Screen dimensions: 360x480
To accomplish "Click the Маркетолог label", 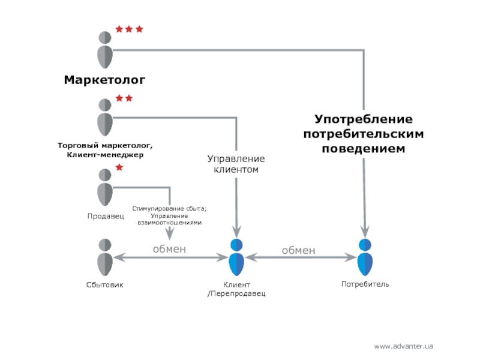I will (x=105, y=80).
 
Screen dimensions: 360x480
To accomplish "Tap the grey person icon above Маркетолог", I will (x=105, y=49).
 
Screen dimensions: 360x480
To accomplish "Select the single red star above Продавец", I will (x=119, y=167).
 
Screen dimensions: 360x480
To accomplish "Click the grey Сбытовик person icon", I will (x=105, y=257).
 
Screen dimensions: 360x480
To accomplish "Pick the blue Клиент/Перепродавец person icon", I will (x=236, y=257).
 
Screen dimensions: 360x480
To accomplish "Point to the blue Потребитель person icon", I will (x=365, y=257).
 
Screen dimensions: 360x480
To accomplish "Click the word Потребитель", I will (x=365, y=284).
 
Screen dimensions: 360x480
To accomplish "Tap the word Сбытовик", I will (x=104, y=284).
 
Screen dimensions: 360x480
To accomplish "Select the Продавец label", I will (x=104, y=215).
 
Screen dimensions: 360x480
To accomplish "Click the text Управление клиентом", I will (x=236, y=164).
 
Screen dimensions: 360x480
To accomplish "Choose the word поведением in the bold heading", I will (x=364, y=148).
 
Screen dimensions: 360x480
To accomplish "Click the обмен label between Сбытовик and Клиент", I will (x=169, y=248).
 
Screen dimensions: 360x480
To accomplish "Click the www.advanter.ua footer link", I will (x=403, y=346).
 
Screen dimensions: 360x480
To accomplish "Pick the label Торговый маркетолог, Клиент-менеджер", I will (x=105, y=150).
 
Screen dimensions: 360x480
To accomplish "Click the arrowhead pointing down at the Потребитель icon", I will (x=365, y=232).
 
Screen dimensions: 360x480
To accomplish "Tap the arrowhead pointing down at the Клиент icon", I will (x=236, y=232).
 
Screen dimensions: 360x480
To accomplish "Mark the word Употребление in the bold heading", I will (x=364, y=120).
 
